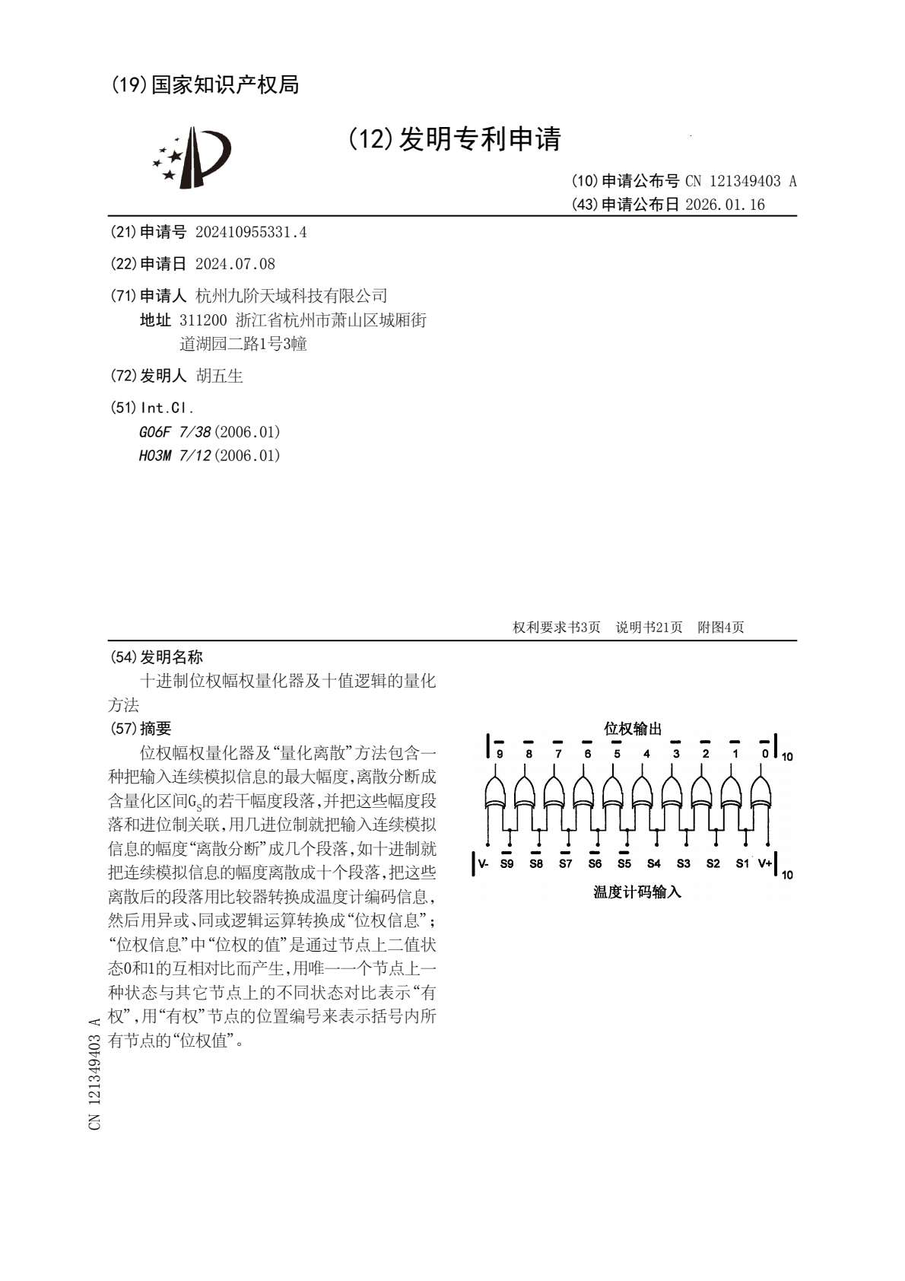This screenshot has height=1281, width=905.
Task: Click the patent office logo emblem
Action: (x=192, y=157)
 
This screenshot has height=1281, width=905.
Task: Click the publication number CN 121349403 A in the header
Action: (x=741, y=181)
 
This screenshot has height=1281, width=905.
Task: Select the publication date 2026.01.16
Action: (x=725, y=205)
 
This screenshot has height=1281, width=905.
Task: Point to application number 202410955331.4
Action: (x=251, y=233)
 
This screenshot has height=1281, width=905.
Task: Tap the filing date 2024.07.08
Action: (x=235, y=264)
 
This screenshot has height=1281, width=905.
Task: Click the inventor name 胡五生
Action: (x=219, y=376)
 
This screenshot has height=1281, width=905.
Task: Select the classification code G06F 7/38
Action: (x=175, y=432)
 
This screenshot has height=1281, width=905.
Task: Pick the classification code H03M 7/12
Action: (x=175, y=456)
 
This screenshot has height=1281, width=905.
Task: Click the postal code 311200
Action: (x=203, y=320)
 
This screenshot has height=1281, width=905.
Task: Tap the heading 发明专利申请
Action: (x=479, y=139)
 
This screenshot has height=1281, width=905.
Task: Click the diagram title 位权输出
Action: (x=633, y=729)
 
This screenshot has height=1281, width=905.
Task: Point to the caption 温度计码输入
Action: (x=637, y=892)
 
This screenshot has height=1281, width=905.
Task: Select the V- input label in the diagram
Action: (x=483, y=863)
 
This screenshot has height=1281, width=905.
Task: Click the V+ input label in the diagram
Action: (x=764, y=863)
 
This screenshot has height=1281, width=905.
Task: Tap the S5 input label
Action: (x=624, y=863)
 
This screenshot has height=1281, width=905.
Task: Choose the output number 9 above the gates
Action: (x=500, y=754)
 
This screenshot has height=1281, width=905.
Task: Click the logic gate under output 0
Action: (x=761, y=793)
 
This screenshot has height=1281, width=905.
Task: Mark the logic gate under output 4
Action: (x=643, y=793)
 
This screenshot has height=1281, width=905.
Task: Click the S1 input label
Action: (x=742, y=863)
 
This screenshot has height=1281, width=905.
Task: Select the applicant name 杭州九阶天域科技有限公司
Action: (x=292, y=296)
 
